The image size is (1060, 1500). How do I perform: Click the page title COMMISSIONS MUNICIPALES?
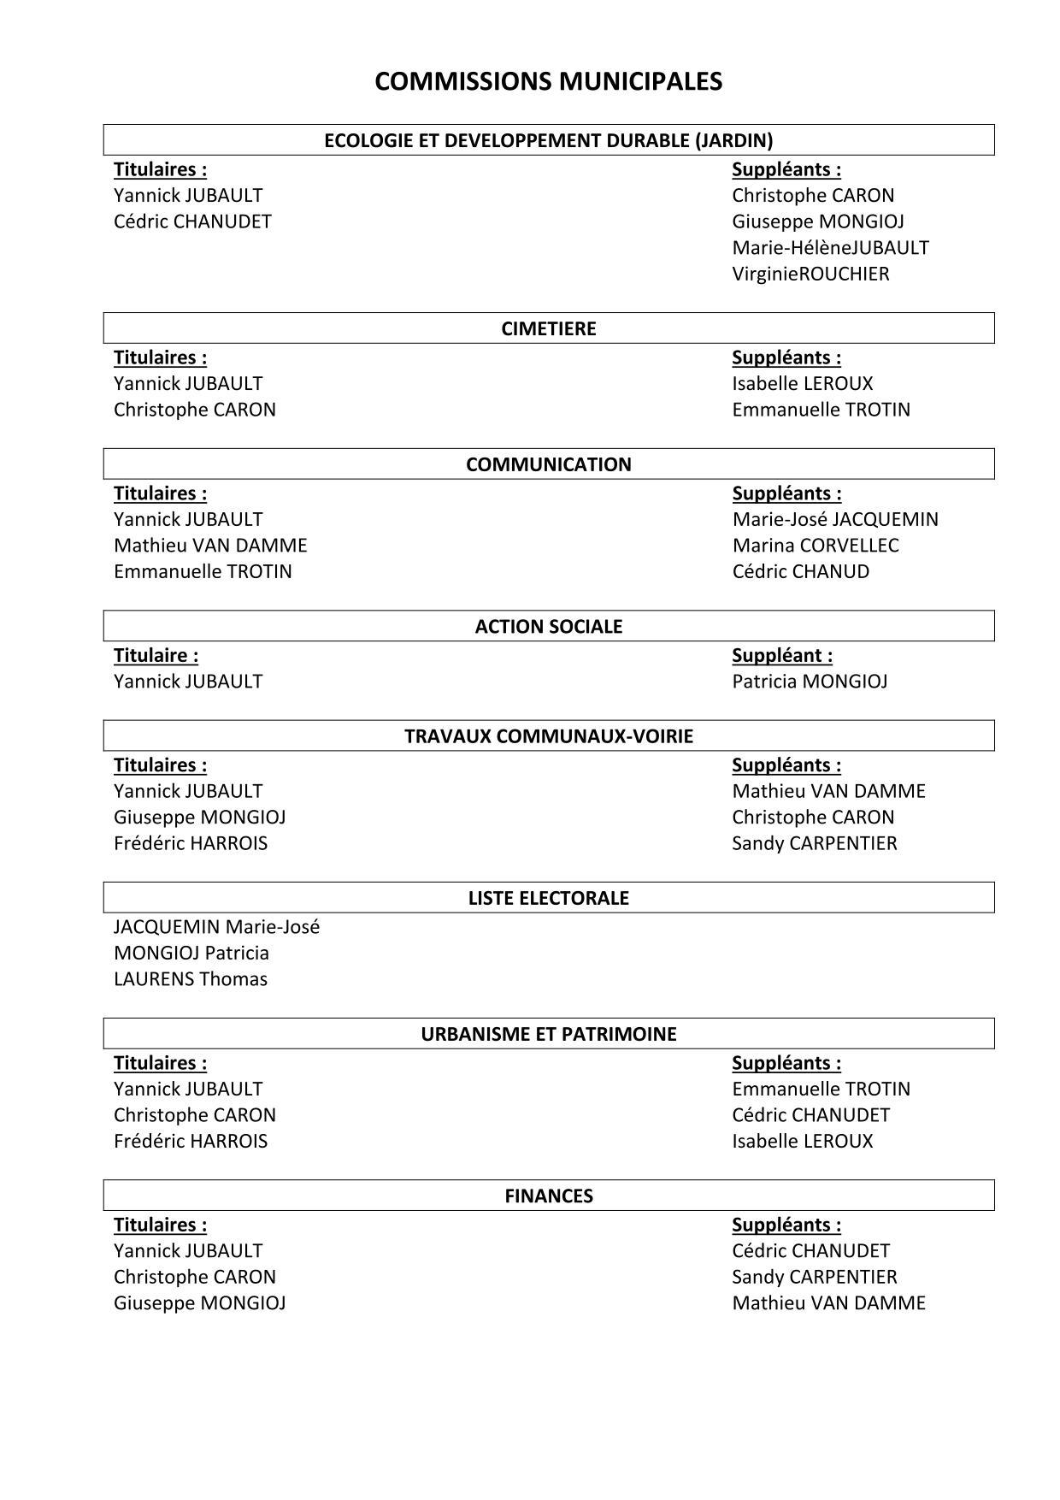point(548,81)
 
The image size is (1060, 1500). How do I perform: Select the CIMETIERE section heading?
point(548,328)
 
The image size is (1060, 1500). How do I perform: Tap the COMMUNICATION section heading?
point(548,464)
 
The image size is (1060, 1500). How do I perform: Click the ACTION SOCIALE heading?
point(548,626)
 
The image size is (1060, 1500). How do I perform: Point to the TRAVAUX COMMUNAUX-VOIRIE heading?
point(548,736)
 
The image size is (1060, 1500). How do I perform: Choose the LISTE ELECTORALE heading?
point(548,898)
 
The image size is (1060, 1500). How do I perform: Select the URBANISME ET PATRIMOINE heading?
point(548,1034)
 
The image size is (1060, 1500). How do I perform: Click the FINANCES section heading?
point(548,1196)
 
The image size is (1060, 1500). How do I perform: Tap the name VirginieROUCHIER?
point(810,274)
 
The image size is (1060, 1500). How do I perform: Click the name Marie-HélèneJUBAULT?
point(830,248)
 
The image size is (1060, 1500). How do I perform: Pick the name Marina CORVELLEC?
point(816,546)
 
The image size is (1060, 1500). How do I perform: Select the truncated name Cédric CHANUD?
point(800,571)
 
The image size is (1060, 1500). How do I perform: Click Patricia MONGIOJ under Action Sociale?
point(810,682)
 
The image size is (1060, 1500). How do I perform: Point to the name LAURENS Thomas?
point(191,979)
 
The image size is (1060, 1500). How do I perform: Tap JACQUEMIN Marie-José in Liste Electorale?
point(216,927)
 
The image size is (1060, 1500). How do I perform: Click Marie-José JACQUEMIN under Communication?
point(835,519)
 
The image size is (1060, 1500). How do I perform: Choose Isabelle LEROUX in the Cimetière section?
point(803,383)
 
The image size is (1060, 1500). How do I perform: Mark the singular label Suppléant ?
point(782,656)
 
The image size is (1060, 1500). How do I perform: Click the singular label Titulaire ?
point(156,656)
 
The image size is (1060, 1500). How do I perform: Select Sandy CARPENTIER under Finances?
point(815,1277)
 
